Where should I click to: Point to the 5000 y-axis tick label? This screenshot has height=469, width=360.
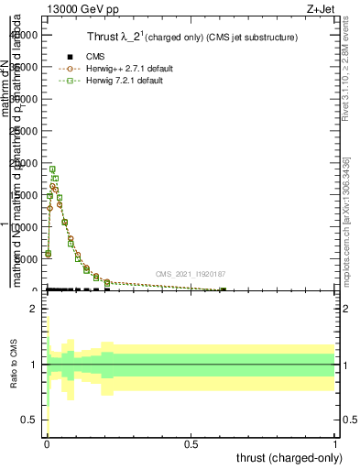[28, 259]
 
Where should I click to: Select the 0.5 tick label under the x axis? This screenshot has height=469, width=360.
[191, 443]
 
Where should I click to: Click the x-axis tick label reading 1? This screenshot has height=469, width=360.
[335, 443]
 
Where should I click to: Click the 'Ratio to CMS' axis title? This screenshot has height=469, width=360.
[14, 364]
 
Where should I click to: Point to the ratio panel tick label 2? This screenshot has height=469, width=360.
[33, 309]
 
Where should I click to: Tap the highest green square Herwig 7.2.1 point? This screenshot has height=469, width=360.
[53, 169]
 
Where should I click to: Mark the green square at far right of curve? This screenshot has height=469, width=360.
[223, 290]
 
